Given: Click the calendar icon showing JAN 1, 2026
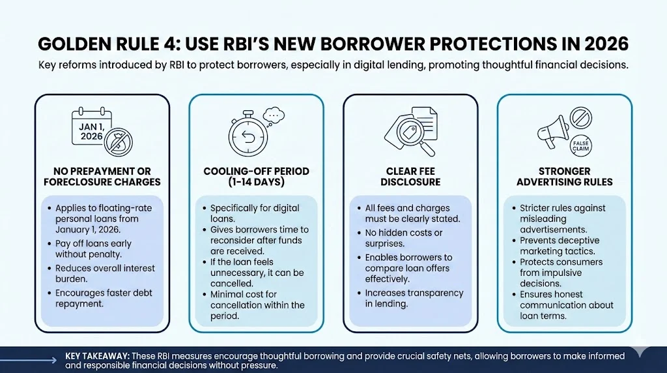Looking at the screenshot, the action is coord(92,127).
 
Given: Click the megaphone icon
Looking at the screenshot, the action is coord(554,131).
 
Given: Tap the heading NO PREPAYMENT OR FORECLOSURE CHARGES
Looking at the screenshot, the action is coord(102,177).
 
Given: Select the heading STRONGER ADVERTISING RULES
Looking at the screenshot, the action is coord(565,177).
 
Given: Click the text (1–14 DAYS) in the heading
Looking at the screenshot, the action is coord(256,182).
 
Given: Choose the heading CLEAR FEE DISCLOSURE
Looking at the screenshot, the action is coord(410,177).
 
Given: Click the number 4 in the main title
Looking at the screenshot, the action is coord(172,44).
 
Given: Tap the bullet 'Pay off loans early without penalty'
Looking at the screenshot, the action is coord(93,249).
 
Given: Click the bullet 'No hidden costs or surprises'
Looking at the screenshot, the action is coord(404,239).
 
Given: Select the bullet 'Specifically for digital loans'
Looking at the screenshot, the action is coord(255,213).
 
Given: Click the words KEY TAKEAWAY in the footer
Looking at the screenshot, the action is coord(97,356).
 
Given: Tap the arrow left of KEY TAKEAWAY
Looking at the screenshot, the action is coord(28,360).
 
